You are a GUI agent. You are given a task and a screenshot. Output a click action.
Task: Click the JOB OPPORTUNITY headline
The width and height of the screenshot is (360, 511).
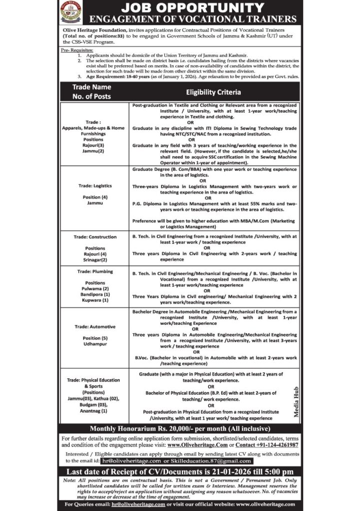coord(192,7)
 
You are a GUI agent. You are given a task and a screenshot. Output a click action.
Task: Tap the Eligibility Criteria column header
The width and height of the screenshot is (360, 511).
coord(213,92)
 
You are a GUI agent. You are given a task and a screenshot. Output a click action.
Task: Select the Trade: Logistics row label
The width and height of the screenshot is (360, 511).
coord(95,186)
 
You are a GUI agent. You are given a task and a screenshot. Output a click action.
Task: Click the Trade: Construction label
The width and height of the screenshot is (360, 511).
coord(95,237)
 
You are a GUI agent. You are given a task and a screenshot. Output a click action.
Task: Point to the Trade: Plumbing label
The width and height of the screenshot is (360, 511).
coord(95,271)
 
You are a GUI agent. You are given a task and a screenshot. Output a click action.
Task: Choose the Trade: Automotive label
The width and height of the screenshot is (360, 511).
coord(95,326)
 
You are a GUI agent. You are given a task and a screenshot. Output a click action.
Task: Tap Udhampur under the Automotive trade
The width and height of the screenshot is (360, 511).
coord(95,344)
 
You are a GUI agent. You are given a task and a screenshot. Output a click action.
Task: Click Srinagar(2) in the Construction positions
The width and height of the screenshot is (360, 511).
coord(95,260)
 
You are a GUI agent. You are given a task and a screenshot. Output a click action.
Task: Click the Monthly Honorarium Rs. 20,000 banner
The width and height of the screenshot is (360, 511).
coord(180,429)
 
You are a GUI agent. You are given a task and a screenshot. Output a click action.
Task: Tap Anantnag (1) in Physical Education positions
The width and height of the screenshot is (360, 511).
coord(95,411)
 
